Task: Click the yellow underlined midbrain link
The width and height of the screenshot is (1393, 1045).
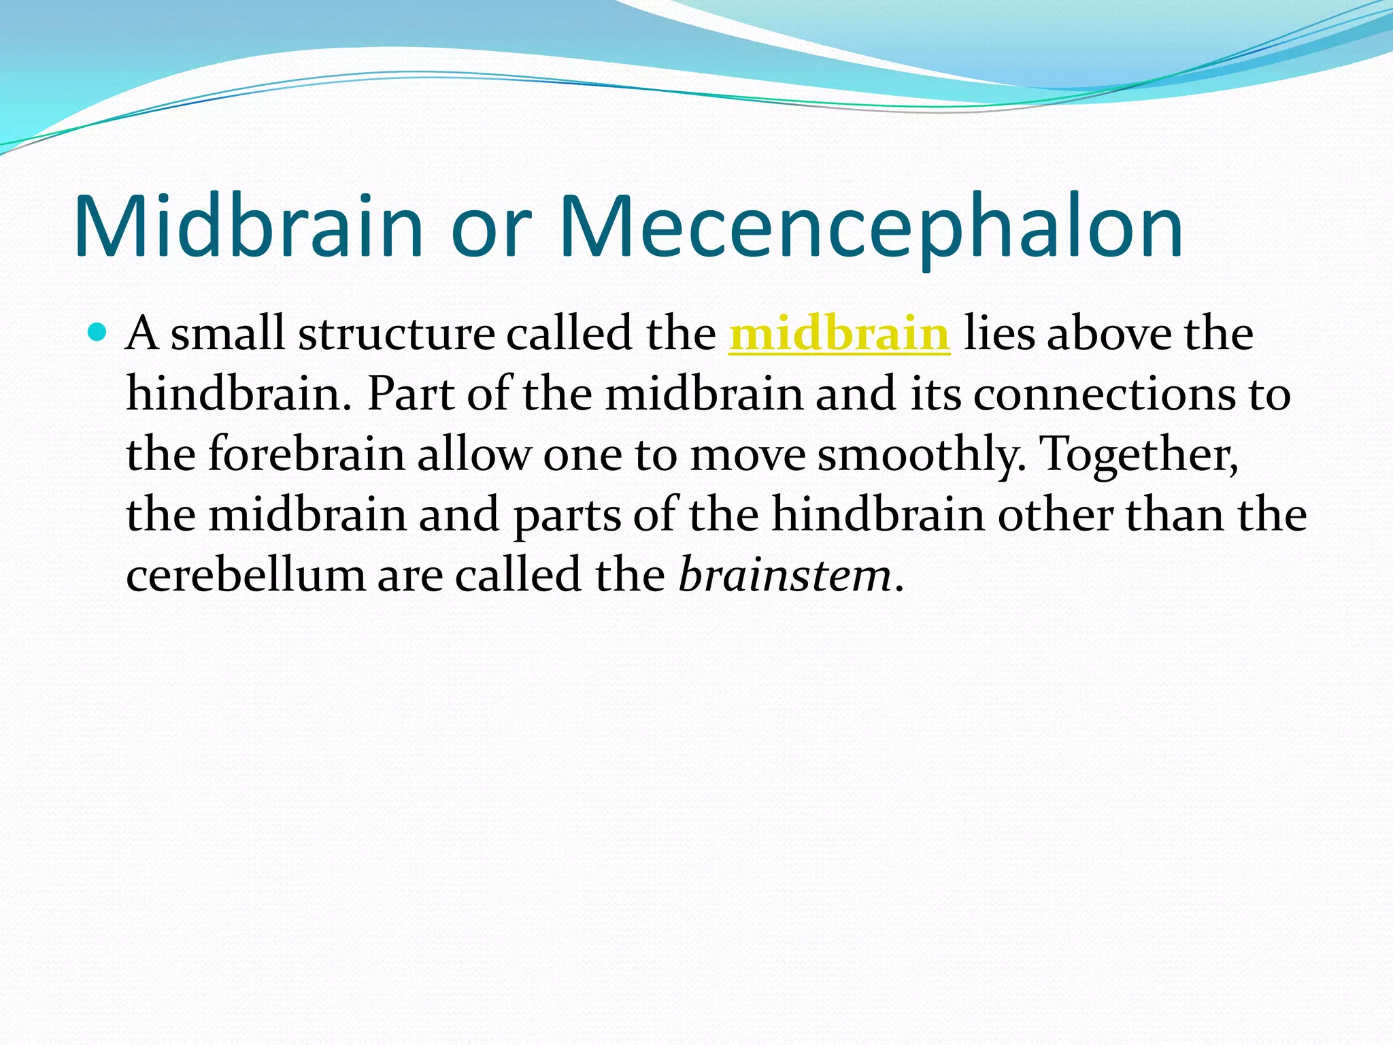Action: pyautogui.click(x=839, y=334)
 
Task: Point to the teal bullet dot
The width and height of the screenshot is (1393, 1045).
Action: pyautogui.click(x=98, y=333)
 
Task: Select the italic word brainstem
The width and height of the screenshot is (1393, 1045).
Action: pyautogui.click(x=785, y=576)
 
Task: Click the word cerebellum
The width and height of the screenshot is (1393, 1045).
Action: pyautogui.click(x=246, y=576)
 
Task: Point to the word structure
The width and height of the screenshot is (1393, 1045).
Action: pyautogui.click(x=397, y=334)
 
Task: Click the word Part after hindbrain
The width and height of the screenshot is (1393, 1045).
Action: pyautogui.click(x=410, y=395)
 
